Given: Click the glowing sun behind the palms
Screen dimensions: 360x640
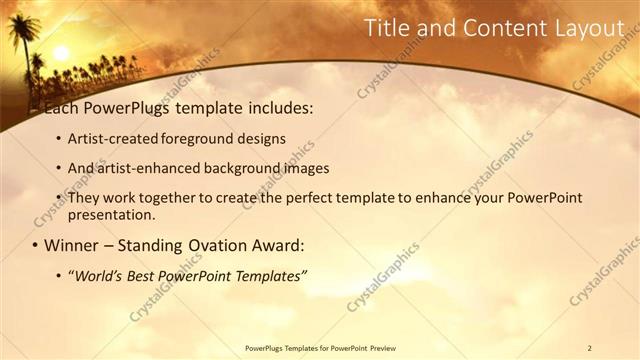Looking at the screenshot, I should click(x=60, y=52).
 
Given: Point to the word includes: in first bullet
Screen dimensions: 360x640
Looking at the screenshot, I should click(x=273, y=106).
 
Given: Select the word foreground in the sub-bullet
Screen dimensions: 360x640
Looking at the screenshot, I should click(x=211, y=139).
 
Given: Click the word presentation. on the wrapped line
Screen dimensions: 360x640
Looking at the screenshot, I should click(x=111, y=214).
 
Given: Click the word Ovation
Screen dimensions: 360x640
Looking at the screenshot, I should click(x=217, y=245).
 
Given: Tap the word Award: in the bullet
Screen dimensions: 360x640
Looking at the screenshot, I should click(x=279, y=245).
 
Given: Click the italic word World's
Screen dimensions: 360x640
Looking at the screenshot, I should click(x=100, y=275).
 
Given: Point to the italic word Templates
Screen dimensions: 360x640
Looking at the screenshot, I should click(x=267, y=275).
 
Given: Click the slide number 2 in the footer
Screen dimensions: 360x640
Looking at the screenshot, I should click(x=590, y=348).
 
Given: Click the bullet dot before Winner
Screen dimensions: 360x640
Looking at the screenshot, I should click(x=36, y=245).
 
